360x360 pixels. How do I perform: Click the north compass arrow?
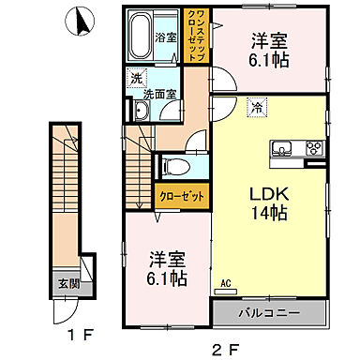82,20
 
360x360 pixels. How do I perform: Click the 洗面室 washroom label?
160,94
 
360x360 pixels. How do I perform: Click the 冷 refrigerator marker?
255,109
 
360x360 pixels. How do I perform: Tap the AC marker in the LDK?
225,279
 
